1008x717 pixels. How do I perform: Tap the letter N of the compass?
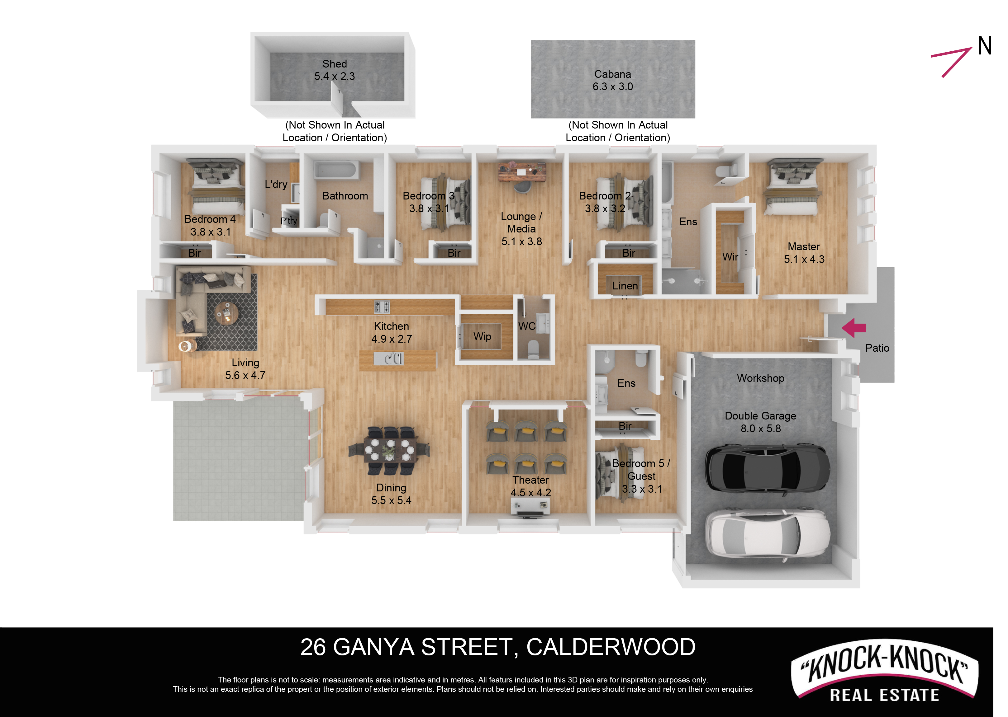click(985, 46)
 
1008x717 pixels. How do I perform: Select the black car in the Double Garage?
click(768, 467)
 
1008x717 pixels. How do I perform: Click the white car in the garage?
click(768, 533)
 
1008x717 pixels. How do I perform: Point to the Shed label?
click(335, 64)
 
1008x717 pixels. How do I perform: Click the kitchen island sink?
click(388, 358)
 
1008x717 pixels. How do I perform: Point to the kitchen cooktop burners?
click(382, 307)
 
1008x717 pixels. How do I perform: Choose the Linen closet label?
click(625, 286)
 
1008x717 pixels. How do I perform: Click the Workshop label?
click(761, 378)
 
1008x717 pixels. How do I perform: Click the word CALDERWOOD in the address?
click(611, 647)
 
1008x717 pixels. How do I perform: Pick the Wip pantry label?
click(482, 336)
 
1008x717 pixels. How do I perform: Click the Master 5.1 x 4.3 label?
click(804, 253)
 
